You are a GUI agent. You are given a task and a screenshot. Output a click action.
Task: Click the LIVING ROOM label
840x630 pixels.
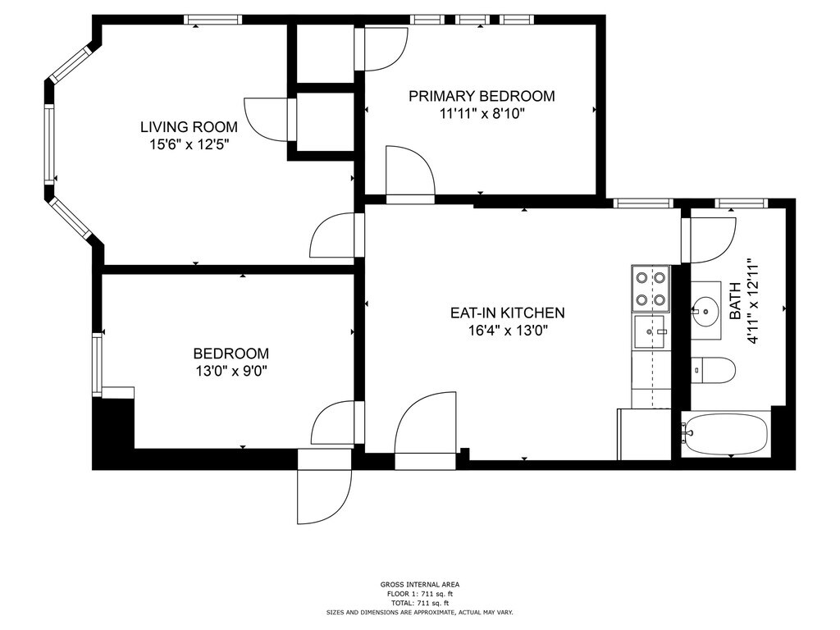coord(189,127)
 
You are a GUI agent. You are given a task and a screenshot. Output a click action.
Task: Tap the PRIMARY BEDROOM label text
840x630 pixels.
coord(482,97)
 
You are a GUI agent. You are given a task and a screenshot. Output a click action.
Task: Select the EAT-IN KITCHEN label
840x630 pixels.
coord(507,313)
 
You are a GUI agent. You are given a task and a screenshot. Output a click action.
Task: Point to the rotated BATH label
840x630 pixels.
coord(736,301)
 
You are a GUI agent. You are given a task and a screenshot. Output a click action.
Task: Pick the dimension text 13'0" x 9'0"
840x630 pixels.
coord(231,371)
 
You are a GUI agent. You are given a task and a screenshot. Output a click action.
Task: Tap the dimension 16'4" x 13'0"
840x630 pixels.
coord(508,330)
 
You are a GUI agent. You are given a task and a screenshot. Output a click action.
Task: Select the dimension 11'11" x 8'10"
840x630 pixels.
coord(482,113)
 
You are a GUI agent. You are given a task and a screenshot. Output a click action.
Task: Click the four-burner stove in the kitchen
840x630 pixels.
coord(651,289)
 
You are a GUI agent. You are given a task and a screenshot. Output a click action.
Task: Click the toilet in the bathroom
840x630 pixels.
coord(713,370)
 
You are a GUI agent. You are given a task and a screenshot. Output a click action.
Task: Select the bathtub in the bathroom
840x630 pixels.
coord(726,434)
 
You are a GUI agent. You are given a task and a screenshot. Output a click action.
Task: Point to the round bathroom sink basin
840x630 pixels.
coord(706,311)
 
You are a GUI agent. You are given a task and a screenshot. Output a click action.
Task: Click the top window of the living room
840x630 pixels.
coord(212,20)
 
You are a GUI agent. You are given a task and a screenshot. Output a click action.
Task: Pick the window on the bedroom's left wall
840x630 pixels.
coord(97,364)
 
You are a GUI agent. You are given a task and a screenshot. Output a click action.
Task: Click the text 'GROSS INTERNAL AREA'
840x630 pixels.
coord(420,584)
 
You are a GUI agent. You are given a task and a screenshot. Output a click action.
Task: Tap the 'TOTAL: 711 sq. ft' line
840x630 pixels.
coord(420,603)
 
